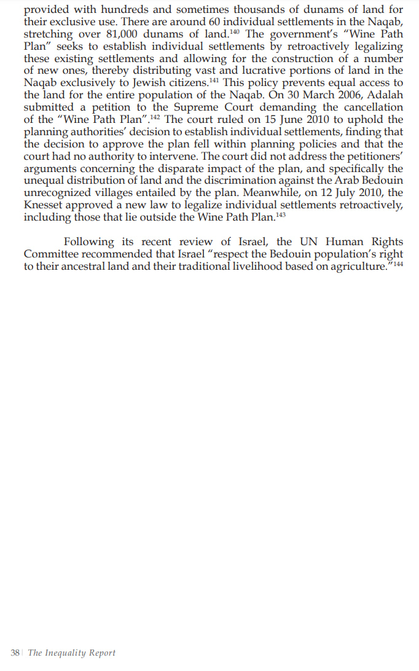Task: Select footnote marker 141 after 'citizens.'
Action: tap(214, 80)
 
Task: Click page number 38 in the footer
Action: tap(15, 653)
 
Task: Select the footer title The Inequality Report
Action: tap(72, 653)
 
